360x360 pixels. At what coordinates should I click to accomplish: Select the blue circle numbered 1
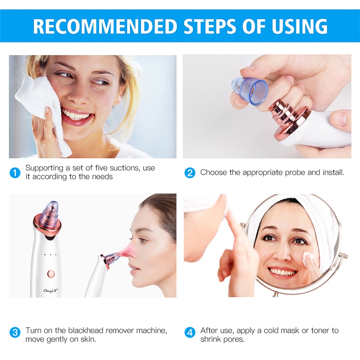(15, 173)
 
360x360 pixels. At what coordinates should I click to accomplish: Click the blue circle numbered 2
(190, 173)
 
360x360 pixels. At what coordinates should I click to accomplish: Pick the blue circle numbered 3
(15, 332)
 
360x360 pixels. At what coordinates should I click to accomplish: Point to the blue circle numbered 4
(190, 332)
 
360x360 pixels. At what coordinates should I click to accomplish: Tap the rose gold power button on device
(51, 273)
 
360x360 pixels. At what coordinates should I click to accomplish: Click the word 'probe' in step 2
(286, 173)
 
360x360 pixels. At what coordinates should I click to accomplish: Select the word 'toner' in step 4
(319, 330)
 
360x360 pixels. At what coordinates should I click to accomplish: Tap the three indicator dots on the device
(51, 255)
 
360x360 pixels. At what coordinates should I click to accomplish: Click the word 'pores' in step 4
(232, 340)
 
